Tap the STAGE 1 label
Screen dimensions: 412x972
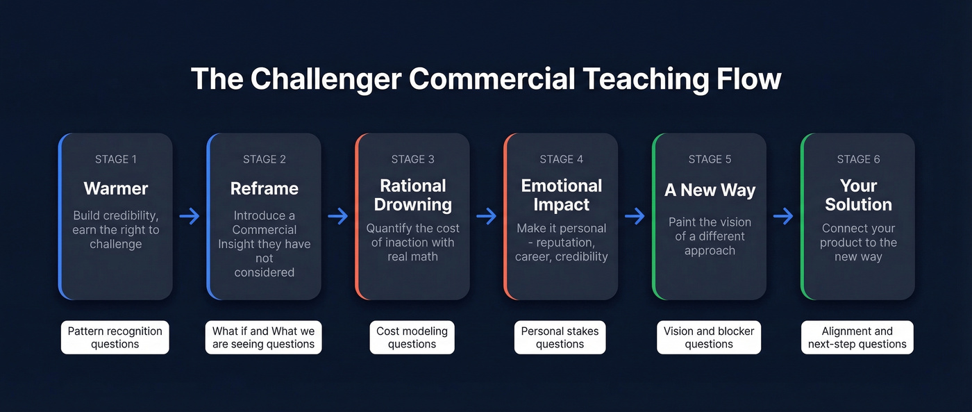click(116, 159)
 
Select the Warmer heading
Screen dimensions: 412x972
click(116, 188)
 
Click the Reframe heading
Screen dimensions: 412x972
click(265, 188)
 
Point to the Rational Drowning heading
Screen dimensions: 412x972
click(413, 195)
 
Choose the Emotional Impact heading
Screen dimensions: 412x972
click(562, 195)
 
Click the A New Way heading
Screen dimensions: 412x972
click(710, 190)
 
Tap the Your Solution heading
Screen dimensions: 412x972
click(858, 195)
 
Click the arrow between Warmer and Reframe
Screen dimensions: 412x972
click(190, 217)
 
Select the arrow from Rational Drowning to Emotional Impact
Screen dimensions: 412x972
click(487, 217)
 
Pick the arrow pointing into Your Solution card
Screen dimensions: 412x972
click(783, 217)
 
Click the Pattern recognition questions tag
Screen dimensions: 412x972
click(115, 338)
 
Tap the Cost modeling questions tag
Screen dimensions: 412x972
click(412, 338)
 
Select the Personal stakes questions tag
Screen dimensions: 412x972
click(560, 338)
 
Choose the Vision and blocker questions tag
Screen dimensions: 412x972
click(709, 338)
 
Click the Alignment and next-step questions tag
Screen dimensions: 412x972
click(857, 338)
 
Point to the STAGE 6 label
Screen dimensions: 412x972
click(858, 159)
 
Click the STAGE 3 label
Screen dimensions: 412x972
click(413, 159)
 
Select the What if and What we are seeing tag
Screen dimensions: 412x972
click(264, 338)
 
